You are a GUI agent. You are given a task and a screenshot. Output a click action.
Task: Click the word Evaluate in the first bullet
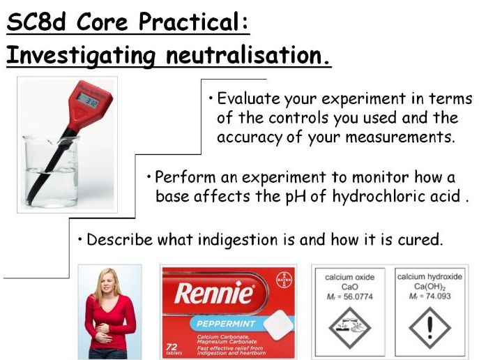pyautogui.click(x=248, y=99)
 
